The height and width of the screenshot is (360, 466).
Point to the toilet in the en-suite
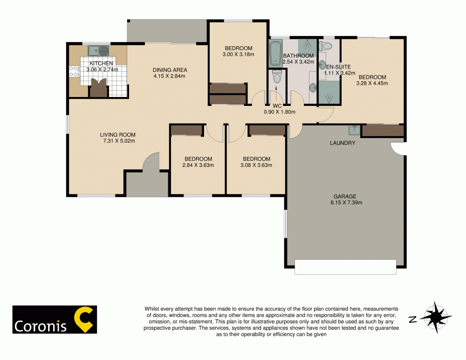[325, 46]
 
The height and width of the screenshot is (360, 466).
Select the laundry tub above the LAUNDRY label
[354, 129]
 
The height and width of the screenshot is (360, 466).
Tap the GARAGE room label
[345, 196]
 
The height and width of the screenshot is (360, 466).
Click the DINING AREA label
[170, 70]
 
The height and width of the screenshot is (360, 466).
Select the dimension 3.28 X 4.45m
[372, 83]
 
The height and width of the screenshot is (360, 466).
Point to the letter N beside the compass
[412, 319]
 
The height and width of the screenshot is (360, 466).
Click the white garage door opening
[345, 267]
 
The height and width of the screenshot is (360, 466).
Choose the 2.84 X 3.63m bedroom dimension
[198, 165]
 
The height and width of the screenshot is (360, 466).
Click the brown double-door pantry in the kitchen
[98, 88]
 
